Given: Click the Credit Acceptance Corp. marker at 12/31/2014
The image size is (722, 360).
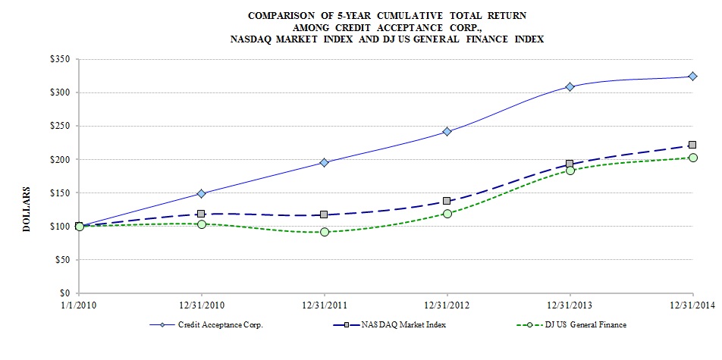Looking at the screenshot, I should [692, 76].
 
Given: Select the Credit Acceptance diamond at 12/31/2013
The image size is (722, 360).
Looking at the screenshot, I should [570, 86].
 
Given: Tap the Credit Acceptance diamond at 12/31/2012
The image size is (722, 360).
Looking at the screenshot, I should [447, 131].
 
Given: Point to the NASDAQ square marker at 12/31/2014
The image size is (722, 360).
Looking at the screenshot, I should [692, 145].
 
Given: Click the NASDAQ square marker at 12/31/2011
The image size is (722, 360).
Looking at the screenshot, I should [325, 215].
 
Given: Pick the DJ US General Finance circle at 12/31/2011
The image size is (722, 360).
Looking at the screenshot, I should [325, 232].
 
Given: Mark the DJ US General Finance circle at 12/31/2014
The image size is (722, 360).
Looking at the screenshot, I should [692, 158].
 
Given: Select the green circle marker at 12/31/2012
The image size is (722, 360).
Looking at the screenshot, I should [447, 214].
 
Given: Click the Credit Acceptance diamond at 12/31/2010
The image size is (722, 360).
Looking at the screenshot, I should [202, 193].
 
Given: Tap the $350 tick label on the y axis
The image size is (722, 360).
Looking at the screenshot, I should [60, 59].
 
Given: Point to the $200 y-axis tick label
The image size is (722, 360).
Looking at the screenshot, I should [60, 159].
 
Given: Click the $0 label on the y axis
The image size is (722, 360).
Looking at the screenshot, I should [64, 293].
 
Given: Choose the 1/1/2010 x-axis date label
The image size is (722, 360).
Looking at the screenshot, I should [79, 305].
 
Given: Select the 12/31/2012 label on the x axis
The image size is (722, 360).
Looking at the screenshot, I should [447, 305].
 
